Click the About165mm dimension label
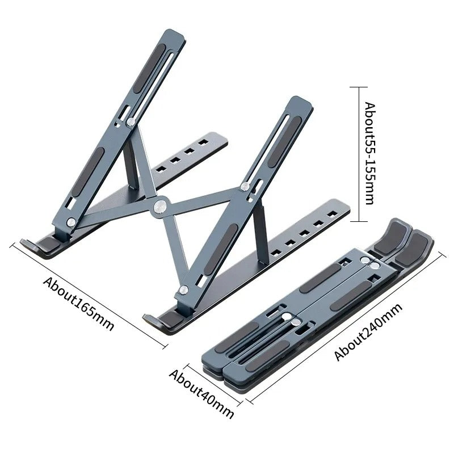[79, 304]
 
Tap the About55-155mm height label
[369, 153]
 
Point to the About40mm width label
[201, 393]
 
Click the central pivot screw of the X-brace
[159, 205]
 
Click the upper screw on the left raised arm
[131, 121]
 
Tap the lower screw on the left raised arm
[72, 222]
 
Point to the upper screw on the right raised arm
[245, 186]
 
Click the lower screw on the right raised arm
[183, 290]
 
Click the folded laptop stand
[318, 312]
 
